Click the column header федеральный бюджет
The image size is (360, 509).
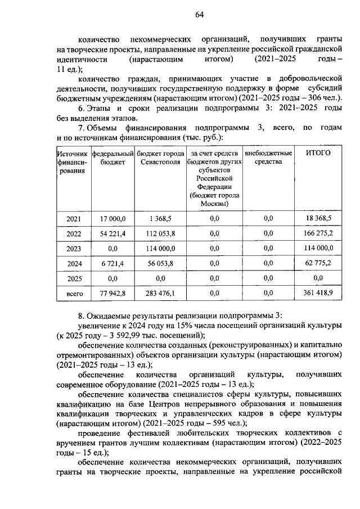(112, 158)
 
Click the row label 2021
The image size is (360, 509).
(74, 219)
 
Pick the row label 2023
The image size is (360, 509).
(74, 248)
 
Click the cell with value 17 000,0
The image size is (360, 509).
(112, 219)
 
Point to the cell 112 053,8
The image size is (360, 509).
(160, 233)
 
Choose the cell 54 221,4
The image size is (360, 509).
(112, 233)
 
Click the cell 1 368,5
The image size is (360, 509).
(160, 219)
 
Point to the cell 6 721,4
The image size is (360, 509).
(112, 263)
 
